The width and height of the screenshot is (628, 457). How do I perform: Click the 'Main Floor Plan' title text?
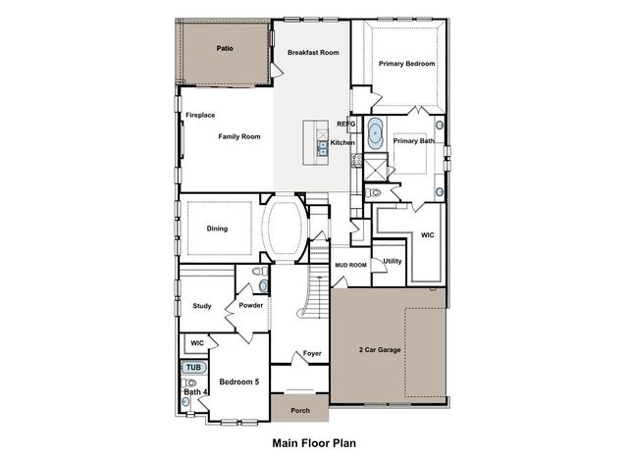pyautogui.click(x=314, y=442)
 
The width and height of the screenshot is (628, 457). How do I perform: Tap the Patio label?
pyautogui.click(x=225, y=47)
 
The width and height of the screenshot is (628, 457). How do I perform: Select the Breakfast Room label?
pyautogui.click(x=313, y=52)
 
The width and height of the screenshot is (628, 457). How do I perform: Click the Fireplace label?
pyautogui.click(x=200, y=115)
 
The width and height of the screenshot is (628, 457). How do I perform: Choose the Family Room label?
pyautogui.click(x=239, y=136)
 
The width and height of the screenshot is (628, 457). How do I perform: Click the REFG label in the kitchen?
pyautogui.click(x=345, y=125)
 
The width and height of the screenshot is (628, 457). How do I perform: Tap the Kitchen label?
pyautogui.click(x=342, y=143)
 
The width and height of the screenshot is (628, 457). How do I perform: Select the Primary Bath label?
pyautogui.click(x=413, y=141)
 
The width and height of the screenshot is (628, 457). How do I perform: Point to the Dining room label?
pyautogui.click(x=217, y=228)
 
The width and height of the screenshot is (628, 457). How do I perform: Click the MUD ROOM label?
pyautogui.click(x=350, y=265)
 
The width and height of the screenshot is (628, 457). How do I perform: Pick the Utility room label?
pyautogui.click(x=392, y=261)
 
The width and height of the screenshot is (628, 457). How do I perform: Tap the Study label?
pyautogui.click(x=202, y=306)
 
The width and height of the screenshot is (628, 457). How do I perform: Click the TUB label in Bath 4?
pyautogui.click(x=193, y=367)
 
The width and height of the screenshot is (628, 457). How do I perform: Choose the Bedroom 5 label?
pyautogui.click(x=238, y=381)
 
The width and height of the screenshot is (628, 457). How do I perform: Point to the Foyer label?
pyautogui.click(x=312, y=353)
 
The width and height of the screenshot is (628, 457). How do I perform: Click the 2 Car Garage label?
pyautogui.click(x=379, y=350)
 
